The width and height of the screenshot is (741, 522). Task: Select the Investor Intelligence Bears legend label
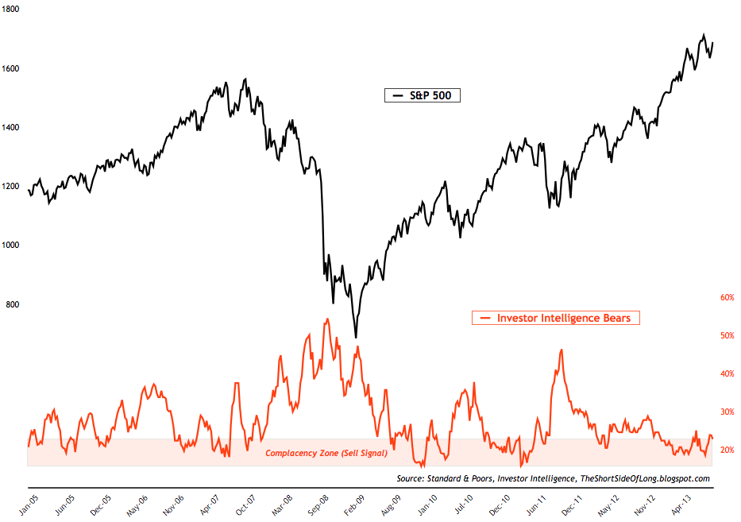pos(564,318)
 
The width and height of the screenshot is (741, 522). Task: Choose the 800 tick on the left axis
pos(14,304)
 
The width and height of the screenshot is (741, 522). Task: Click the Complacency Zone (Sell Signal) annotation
pos(326,453)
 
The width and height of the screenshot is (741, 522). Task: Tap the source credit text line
pos(553,478)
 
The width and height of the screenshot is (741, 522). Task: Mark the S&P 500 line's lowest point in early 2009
pos(356,338)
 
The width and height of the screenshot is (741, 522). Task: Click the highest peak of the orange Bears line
pos(327,319)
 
